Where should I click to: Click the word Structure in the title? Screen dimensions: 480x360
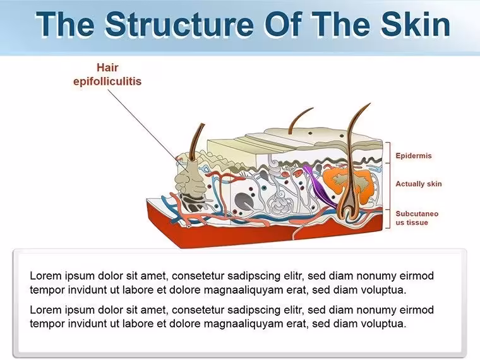tap(179, 24)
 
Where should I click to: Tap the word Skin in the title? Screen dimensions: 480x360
tap(416, 24)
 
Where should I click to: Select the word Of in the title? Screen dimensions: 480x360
tap(283, 24)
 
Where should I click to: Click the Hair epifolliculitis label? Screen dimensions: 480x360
tap(107, 75)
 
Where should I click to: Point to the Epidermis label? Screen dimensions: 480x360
tap(414, 155)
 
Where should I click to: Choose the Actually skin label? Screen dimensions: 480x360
tap(419, 184)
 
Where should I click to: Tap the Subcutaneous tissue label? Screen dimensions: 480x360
tap(417, 218)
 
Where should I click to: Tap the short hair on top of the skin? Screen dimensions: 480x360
tap(299, 120)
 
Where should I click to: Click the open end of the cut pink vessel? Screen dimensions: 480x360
tap(189, 226)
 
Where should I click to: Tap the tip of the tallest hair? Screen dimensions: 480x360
tap(370, 104)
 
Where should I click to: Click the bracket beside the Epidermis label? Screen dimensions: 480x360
tap(388, 152)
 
